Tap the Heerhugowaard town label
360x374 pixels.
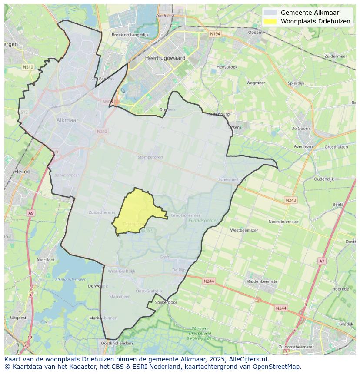click(x=165, y=58)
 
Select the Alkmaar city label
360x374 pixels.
click(x=67, y=120)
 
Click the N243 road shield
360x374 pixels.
click(x=291, y=200)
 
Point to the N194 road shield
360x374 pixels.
click(x=214, y=34)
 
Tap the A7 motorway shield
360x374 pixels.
click(x=322, y=261)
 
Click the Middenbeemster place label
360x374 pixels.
click(x=263, y=281)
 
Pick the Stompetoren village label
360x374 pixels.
click(x=150, y=157)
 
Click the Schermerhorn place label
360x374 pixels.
click(x=232, y=179)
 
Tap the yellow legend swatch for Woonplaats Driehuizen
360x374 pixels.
click(x=270, y=21)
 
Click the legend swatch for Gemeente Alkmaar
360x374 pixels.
click(x=270, y=13)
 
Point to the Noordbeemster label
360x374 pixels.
click(x=283, y=222)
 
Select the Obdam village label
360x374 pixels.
click(x=255, y=32)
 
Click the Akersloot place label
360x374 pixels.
click(x=46, y=259)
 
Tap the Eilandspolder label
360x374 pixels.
click(x=203, y=221)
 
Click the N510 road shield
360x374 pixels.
click(x=28, y=67)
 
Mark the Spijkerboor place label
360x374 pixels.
click(x=166, y=302)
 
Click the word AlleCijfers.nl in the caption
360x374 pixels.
click(x=248, y=360)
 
